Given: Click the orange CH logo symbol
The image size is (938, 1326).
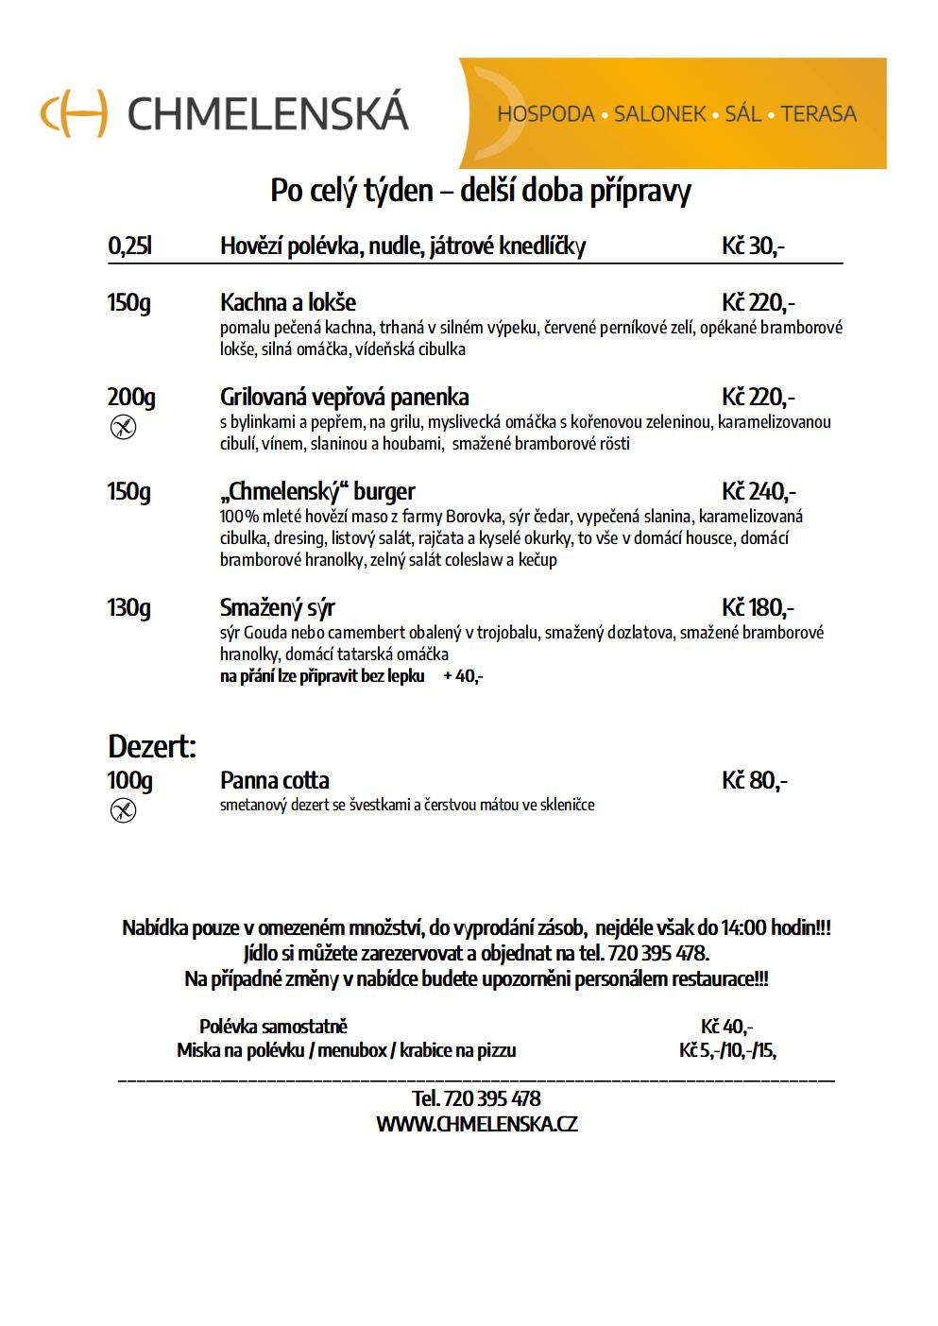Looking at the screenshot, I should tap(74, 112).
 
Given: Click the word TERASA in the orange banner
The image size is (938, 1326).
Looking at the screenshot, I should tap(818, 114).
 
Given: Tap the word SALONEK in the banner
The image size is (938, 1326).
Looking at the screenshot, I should tap(659, 114).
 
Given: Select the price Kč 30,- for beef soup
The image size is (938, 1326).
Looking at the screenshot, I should tap(753, 246).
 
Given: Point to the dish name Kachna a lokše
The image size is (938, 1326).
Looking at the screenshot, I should tap(288, 303).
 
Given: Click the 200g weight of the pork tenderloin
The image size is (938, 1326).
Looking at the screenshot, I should tap(131, 397).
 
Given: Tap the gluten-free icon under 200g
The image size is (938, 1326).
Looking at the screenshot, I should tap(124, 428).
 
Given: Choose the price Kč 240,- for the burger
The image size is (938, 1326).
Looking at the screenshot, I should tap(759, 491).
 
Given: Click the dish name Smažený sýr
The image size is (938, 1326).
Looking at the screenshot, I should tap(278, 607).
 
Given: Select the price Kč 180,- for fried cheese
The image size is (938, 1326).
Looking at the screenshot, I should tap(758, 607).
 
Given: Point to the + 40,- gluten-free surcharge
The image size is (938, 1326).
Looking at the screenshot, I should tap(463, 676).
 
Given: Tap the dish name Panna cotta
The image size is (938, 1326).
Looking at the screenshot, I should tap(275, 781).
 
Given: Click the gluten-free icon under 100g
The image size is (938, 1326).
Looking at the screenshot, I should tap(124, 810).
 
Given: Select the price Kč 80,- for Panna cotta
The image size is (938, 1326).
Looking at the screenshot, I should tap(755, 781).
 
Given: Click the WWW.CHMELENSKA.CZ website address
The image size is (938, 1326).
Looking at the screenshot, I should tap(477, 1124).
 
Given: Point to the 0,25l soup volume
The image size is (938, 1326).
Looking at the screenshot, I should tap(130, 246).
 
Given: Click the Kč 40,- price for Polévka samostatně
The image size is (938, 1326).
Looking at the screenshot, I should tap(726, 1027).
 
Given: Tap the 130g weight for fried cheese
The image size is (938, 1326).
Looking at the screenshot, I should tap(129, 607).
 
